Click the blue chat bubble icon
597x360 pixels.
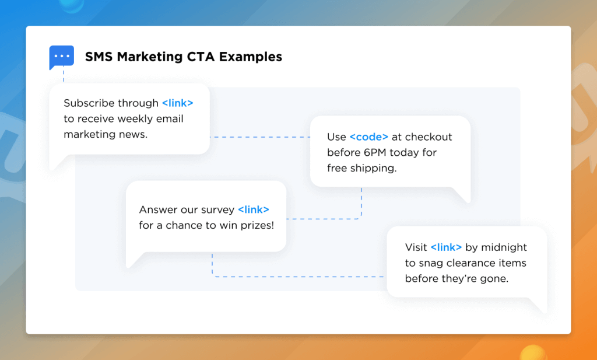(61, 57)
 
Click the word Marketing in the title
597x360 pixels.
(142, 57)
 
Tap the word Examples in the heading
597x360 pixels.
(252, 57)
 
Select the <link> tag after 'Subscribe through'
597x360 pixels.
(177, 103)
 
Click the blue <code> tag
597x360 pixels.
(368, 137)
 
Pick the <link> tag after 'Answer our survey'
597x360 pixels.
(253, 209)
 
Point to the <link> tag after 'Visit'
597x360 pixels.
(446, 247)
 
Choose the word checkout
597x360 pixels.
(429, 137)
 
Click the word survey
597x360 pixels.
(217, 210)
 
